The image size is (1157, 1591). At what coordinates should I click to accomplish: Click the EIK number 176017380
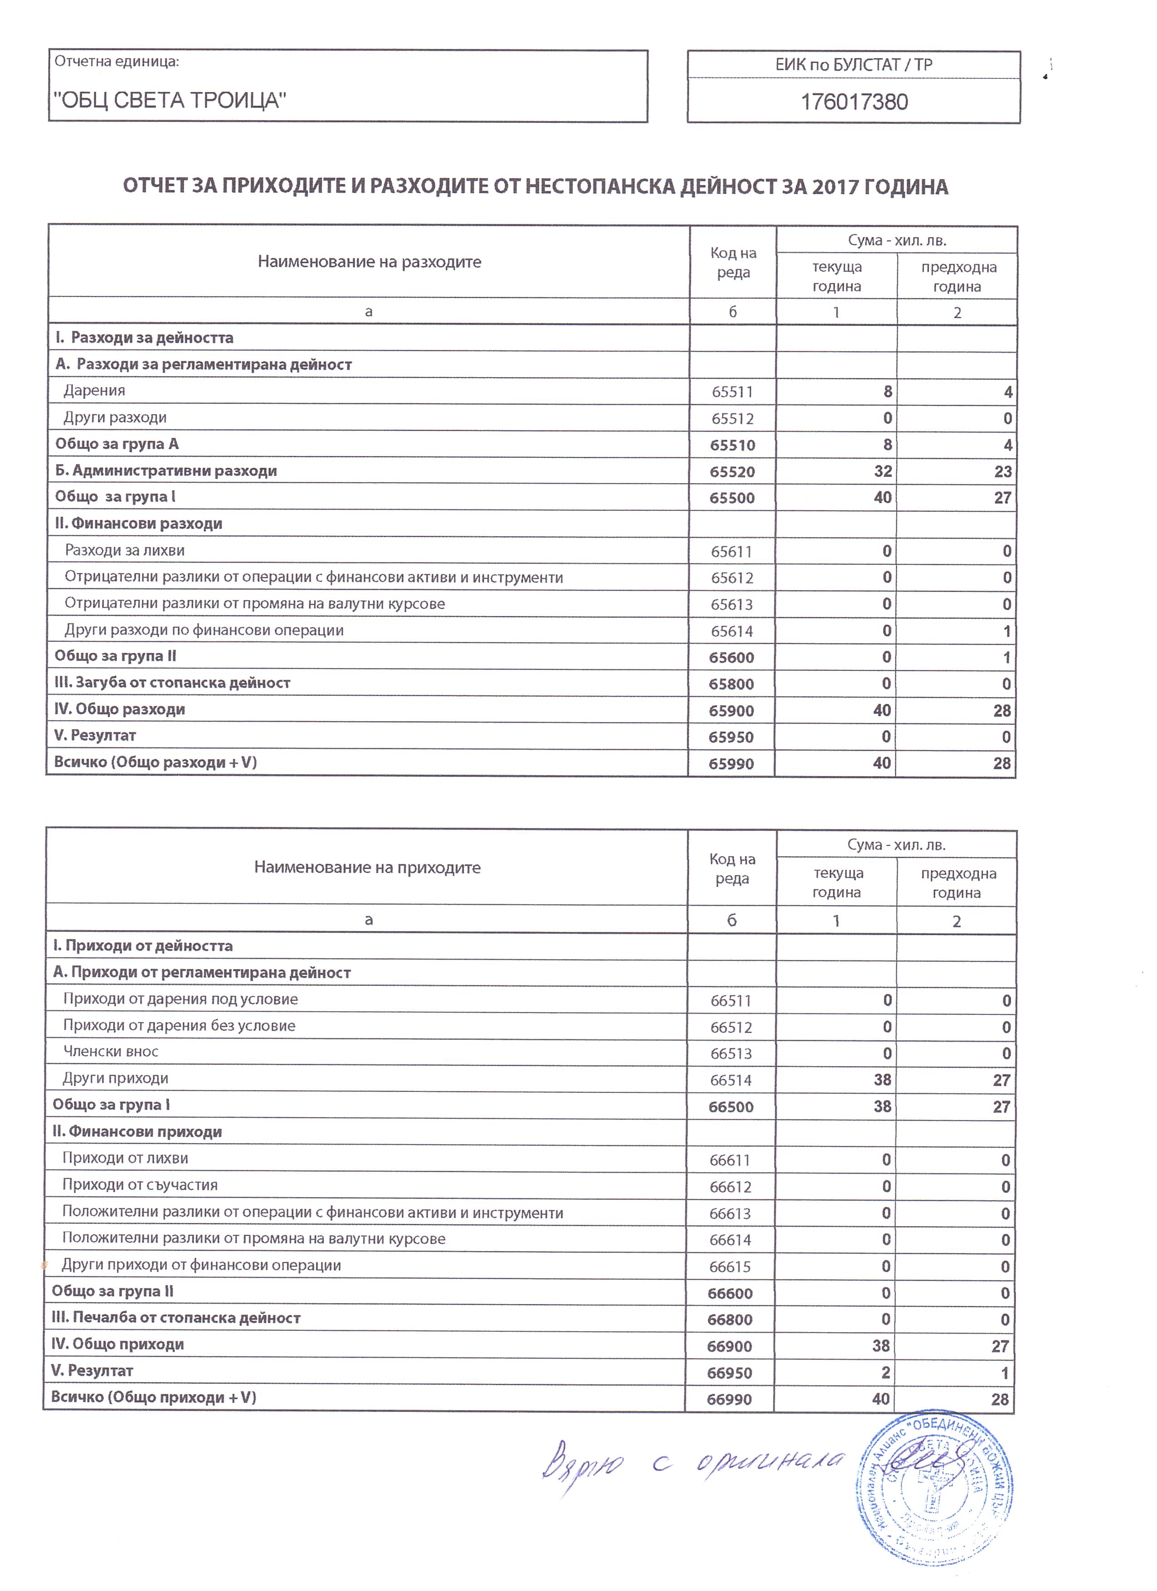[x=854, y=102]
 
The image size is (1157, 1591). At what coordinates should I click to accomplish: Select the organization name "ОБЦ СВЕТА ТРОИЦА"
[x=170, y=100]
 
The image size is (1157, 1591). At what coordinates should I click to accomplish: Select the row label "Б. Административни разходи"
[x=166, y=471]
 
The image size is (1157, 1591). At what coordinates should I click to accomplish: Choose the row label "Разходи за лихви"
[x=125, y=551]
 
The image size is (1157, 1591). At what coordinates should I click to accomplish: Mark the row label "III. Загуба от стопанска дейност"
[x=173, y=683]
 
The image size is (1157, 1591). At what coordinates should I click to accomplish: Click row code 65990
[x=731, y=764]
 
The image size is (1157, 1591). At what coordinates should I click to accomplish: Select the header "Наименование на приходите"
[x=367, y=868]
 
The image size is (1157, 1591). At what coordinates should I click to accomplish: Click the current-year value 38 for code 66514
[x=882, y=1080]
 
